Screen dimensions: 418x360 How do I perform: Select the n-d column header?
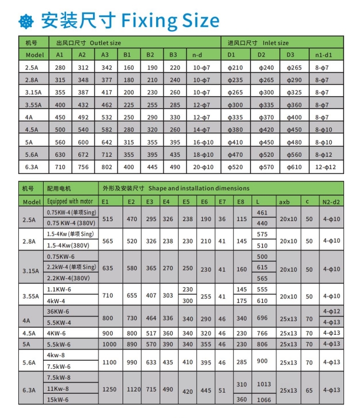[x=198, y=55]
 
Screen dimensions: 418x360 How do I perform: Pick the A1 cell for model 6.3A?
[x=60, y=167]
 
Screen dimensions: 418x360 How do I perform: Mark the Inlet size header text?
[x=275, y=43]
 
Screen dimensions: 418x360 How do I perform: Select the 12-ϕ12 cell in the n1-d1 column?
[x=326, y=167]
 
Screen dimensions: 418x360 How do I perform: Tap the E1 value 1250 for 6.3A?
[x=108, y=390]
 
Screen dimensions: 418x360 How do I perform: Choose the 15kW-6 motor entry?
[x=58, y=400]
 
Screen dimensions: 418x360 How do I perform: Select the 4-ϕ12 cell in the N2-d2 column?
[x=331, y=311]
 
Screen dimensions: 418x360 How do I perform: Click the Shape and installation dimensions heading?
[x=200, y=189]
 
